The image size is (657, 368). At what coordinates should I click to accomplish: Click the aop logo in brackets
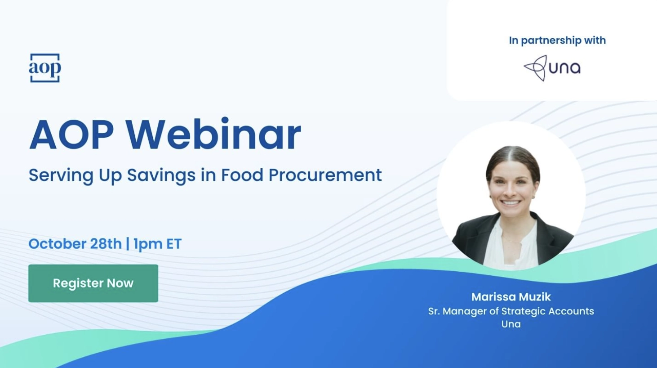[44, 68]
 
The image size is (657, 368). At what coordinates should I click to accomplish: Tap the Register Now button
[93, 283]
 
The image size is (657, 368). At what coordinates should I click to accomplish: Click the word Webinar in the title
[213, 135]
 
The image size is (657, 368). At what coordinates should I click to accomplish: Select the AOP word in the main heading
[71, 135]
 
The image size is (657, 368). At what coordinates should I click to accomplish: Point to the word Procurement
[325, 175]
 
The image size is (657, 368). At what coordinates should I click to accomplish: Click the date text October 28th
[75, 244]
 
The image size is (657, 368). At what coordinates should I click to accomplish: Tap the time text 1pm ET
[157, 244]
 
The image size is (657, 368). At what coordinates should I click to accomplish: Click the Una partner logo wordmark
[564, 68]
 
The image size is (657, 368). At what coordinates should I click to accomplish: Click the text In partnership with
[557, 40]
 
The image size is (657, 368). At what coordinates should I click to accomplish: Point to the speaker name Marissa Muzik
[511, 297]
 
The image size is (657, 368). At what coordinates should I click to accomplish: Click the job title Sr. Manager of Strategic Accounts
[511, 311]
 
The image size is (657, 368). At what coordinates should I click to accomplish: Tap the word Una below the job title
[511, 324]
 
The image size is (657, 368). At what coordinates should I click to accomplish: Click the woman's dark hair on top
[513, 155]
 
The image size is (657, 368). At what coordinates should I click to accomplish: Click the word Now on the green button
[120, 283]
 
